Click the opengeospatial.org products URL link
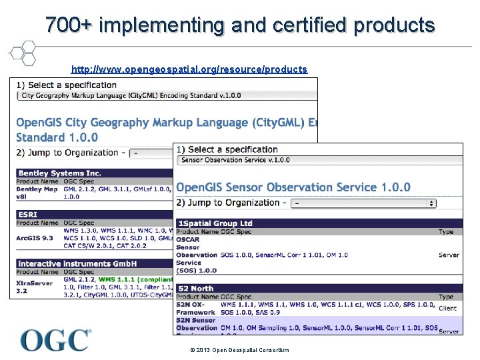pyautogui.click(x=189, y=69)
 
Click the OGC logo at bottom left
pyautogui.click(x=55, y=340)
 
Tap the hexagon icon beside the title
pyautogui.click(x=23, y=52)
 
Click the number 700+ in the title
pyautogui.click(x=69, y=25)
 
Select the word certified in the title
pyautogui.click(x=310, y=25)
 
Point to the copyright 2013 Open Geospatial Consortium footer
pyautogui.click(x=239, y=350)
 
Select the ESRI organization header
pyautogui.click(x=29, y=215)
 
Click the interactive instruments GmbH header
pyautogui.click(x=69, y=264)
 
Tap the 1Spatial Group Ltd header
pyautogui.click(x=215, y=223)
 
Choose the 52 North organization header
pyautogui.click(x=195, y=289)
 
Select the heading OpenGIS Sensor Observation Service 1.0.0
pyautogui.click(x=293, y=187)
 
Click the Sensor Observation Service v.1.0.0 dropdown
pyautogui.click(x=320, y=160)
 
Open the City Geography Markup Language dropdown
pyautogui.click(x=167, y=95)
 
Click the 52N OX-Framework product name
pyautogui.click(x=195, y=308)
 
